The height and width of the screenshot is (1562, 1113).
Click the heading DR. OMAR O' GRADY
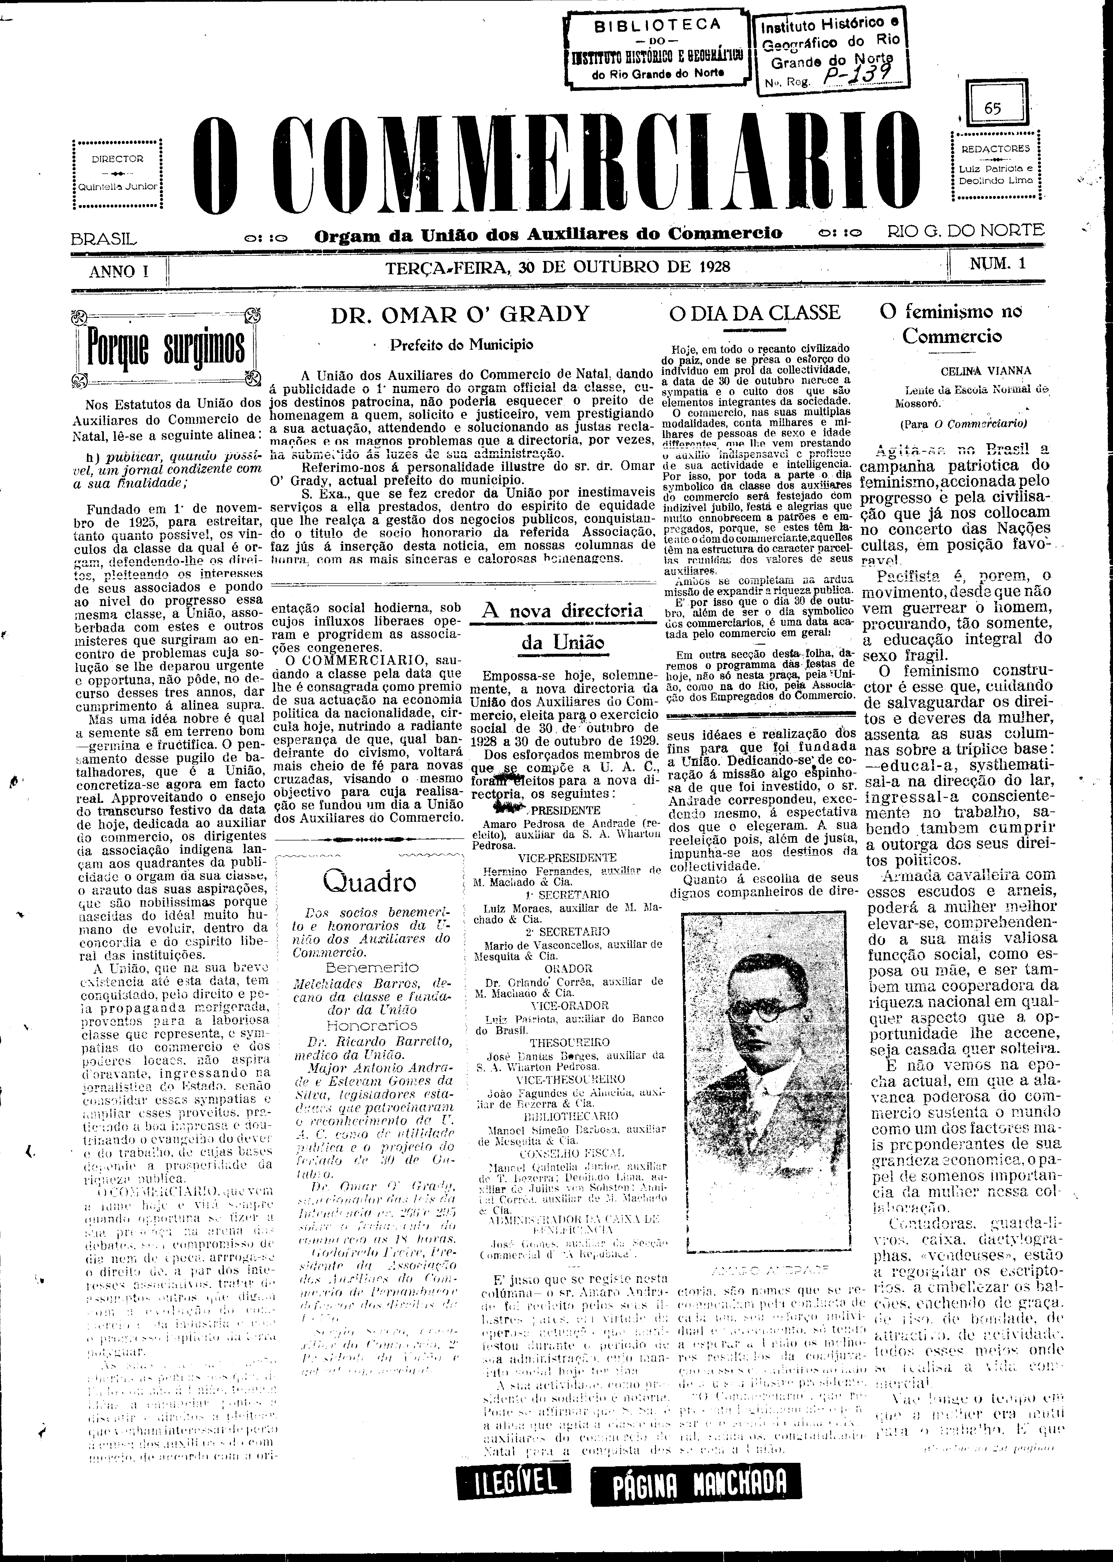(x=460, y=314)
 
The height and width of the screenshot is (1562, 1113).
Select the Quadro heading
(x=369, y=881)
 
